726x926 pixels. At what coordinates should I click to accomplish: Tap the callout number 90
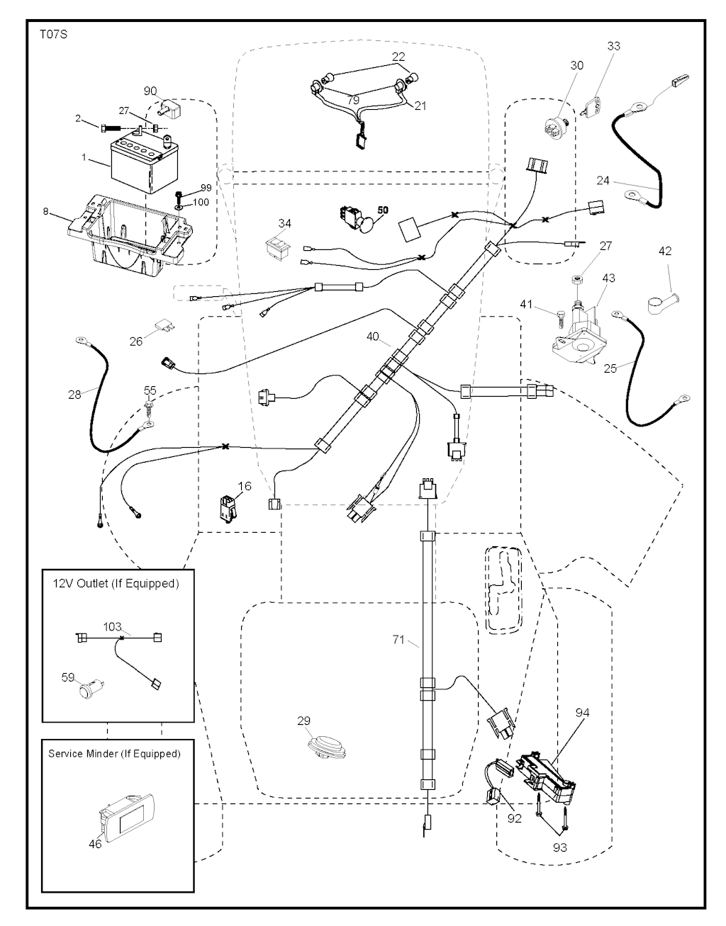coord(150,91)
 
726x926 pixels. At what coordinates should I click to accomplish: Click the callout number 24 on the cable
coord(603,180)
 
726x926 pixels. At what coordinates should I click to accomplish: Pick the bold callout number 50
coord(383,211)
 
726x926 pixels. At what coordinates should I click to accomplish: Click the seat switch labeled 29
coord(323,747)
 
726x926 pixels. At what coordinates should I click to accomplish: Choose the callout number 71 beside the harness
coord(398,640)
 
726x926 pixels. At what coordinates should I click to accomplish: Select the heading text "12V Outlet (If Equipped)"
coord(116,584)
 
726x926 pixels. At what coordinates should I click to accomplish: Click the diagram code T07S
coord(54,33)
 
